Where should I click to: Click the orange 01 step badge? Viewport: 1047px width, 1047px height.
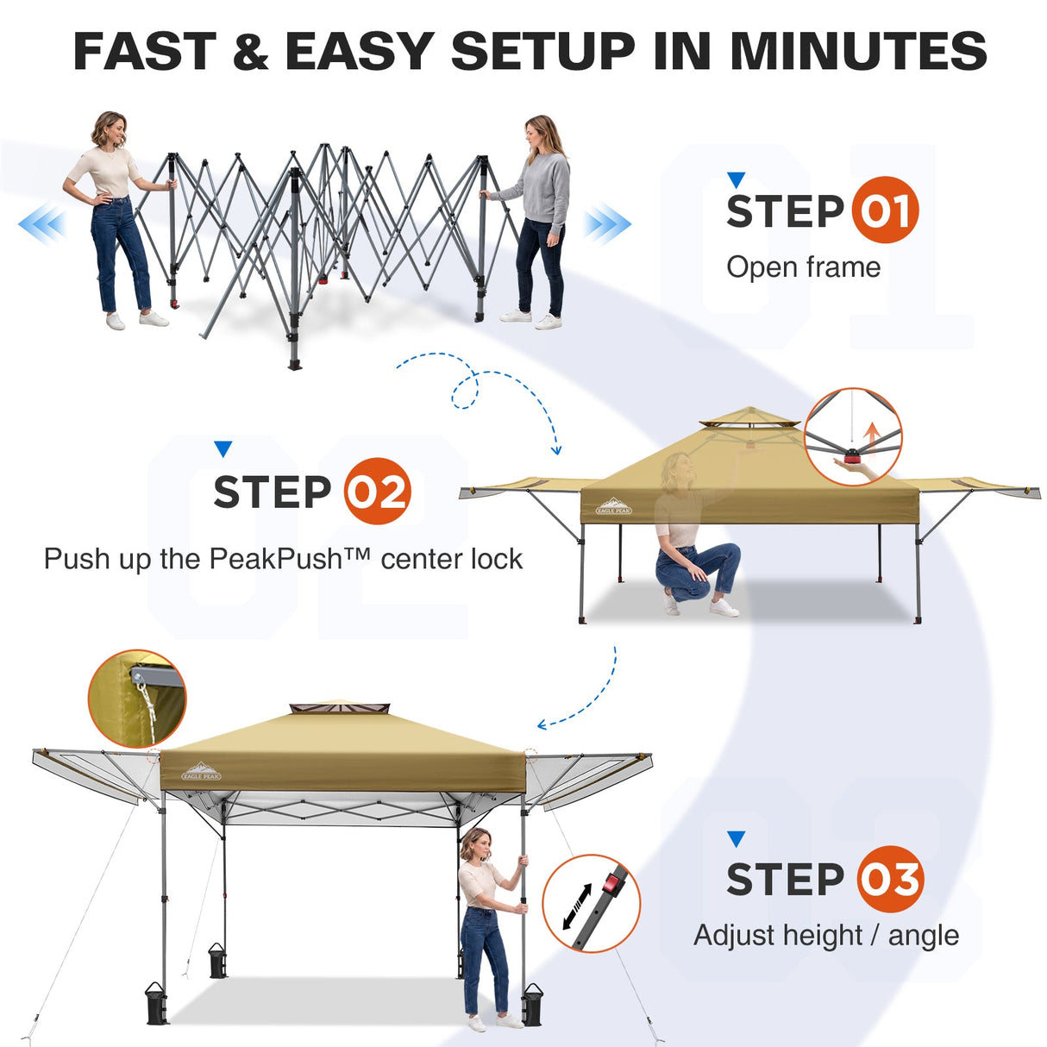[885, 210]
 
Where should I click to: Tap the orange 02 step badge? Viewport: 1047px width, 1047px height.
[378, 492]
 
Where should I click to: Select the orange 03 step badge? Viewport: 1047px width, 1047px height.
[891, 879]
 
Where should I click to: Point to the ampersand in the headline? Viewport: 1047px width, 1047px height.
[250, 51]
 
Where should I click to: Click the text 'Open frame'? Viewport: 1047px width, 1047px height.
[803, 267]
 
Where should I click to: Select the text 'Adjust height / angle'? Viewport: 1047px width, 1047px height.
[826, 936]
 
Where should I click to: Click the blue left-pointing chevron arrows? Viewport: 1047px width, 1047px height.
[42, 223]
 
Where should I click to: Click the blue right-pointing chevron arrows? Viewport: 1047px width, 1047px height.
[607, 223]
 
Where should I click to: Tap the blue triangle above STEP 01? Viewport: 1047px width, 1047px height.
[737, 180]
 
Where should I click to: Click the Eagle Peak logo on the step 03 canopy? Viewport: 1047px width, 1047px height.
[202, 771]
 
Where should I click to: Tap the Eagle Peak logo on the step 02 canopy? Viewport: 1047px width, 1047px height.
[614, 506]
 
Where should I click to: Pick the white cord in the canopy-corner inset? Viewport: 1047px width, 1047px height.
[147, 711]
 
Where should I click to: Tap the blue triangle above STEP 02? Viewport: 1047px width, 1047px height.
[223, 448]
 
